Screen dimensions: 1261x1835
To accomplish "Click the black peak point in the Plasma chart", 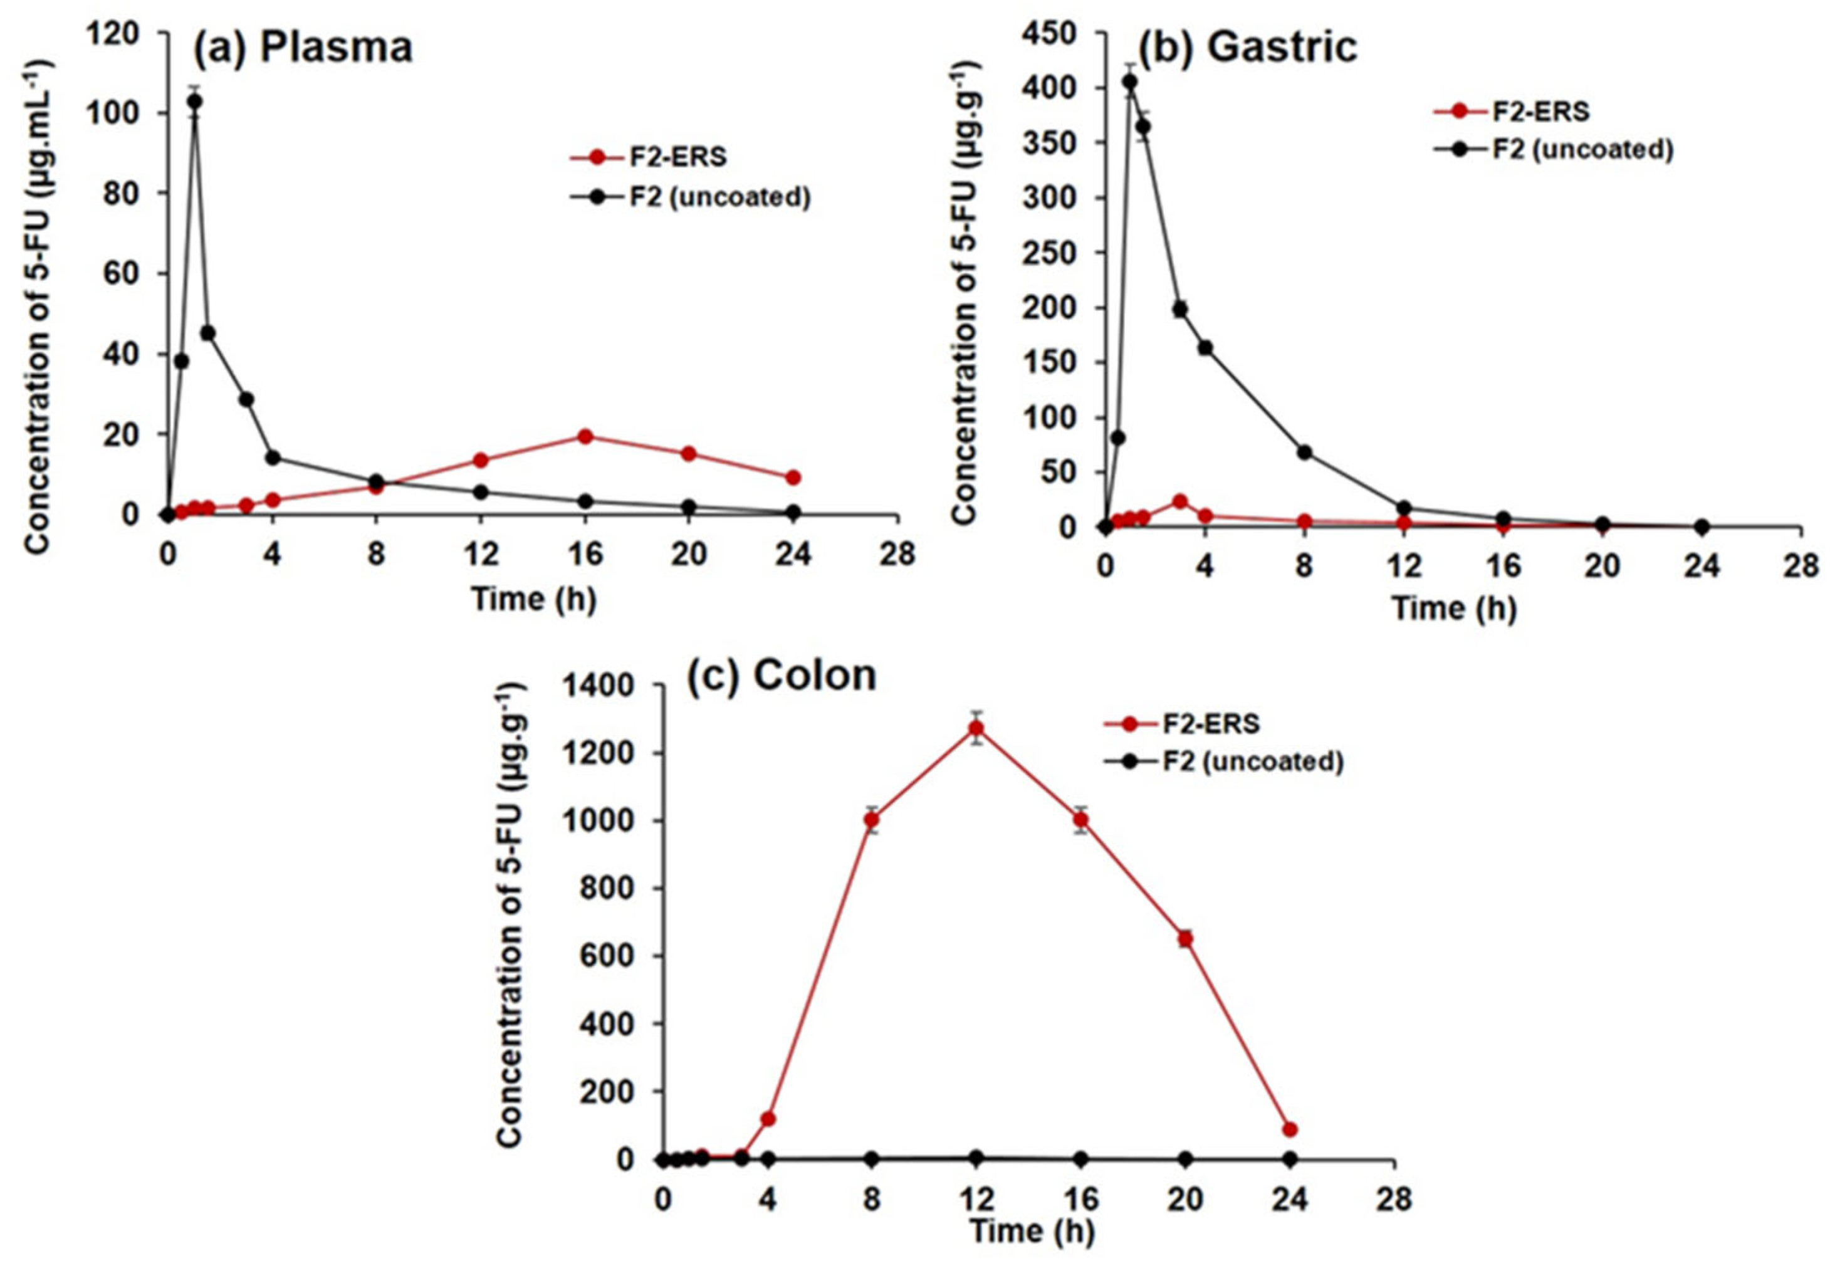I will click(x=194, y=101).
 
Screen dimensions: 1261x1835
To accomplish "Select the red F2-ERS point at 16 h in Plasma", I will click(x=585, y=436).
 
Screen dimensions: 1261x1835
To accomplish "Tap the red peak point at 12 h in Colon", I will click(x=976, y=728).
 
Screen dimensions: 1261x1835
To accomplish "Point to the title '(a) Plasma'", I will click(x=303, y=48).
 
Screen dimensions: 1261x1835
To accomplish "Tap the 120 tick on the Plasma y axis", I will click(x=115, y=33).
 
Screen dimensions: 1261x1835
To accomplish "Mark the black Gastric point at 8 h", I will click(x=1304, y=453).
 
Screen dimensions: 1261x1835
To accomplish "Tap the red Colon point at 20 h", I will click(x=1185, y=939).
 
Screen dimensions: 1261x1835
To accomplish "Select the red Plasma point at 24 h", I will click(x=793, y=477).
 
